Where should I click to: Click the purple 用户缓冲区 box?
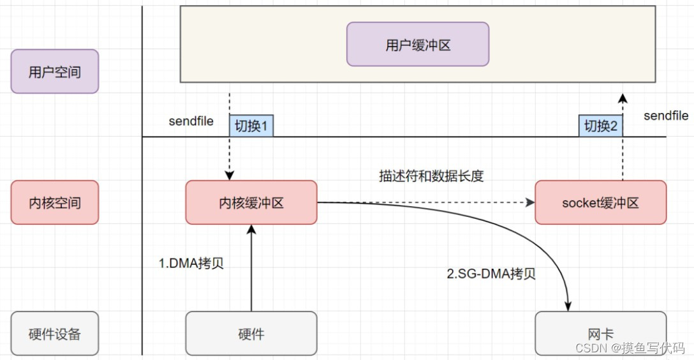click(418, 44)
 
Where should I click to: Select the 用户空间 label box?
click(55, 71)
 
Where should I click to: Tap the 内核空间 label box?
click(55, 202)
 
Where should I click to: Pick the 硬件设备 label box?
click(55, 333)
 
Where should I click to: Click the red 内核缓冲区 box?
click(251, 202)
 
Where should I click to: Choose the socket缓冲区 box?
click(600, 202)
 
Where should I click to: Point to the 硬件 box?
click(251, 333)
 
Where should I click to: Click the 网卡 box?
click(600, 333)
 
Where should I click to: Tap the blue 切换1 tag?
click(251, 126)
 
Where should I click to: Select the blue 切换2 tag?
click(600, 126)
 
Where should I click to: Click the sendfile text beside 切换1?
click(191, 121)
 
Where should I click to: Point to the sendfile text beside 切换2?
click(666, 116)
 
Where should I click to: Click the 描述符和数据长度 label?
click(431, 176)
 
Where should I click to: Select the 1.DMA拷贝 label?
click(191, 264)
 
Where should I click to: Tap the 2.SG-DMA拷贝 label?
click(491, 274)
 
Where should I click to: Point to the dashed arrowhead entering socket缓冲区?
click(530, 202)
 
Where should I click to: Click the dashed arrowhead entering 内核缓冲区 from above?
click(230, 176)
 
